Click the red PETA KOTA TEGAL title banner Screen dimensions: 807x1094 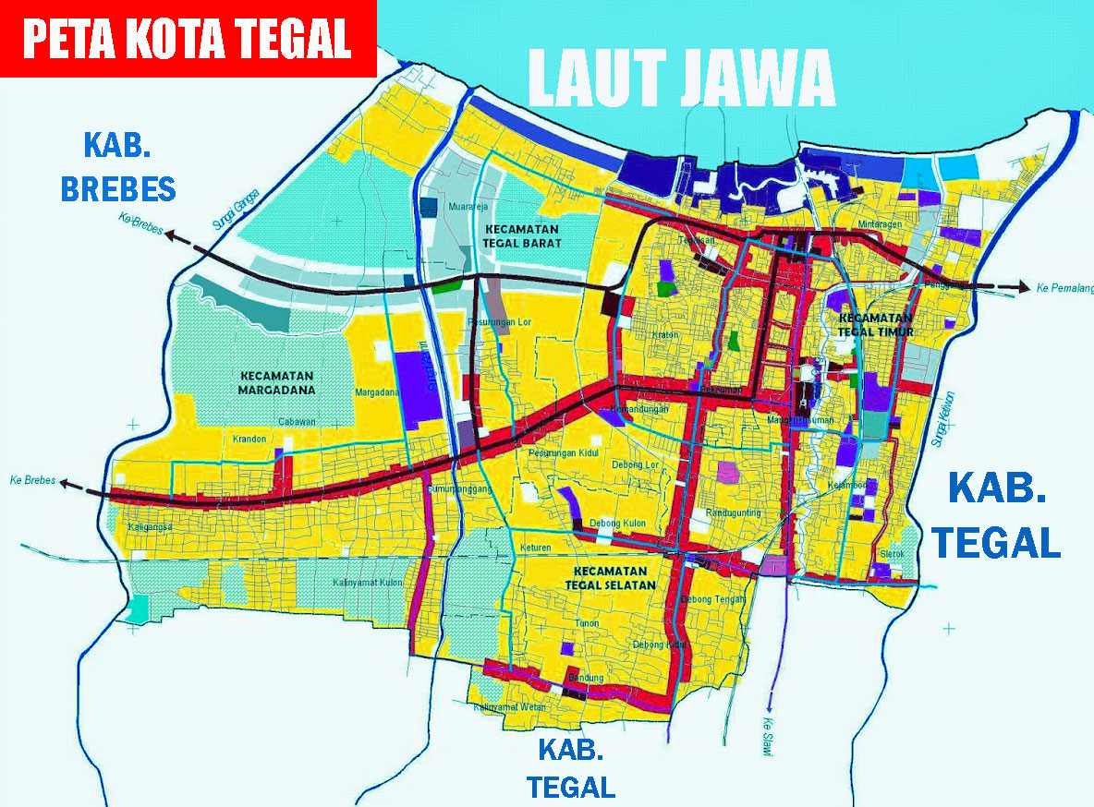point(188,38)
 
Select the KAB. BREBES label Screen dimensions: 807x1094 point(117,166)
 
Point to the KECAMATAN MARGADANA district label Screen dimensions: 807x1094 point(276,382)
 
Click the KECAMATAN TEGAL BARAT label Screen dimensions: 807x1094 point(522,236)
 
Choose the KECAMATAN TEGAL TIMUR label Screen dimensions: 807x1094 point(876,324)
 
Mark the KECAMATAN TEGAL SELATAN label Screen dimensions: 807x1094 point(614,578)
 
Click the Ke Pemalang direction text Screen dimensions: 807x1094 point(1063,288)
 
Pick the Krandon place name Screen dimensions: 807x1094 point(249,439)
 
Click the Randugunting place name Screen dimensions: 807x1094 point(733,512)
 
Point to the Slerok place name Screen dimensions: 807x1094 point(892,554)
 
